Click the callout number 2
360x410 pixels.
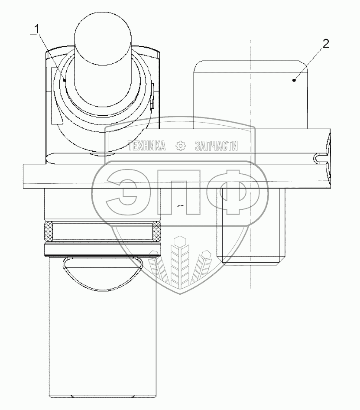click(326, 44)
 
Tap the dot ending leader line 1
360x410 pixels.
click(65, 81)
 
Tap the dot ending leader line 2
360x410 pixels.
click(295, 80)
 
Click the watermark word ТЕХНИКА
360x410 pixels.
click(147, 146)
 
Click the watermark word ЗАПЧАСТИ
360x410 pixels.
click(216, 146)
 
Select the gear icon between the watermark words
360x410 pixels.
click(180, 146)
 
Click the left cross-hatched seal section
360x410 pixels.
click(49, 231)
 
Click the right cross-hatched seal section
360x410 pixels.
click(157, 231)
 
